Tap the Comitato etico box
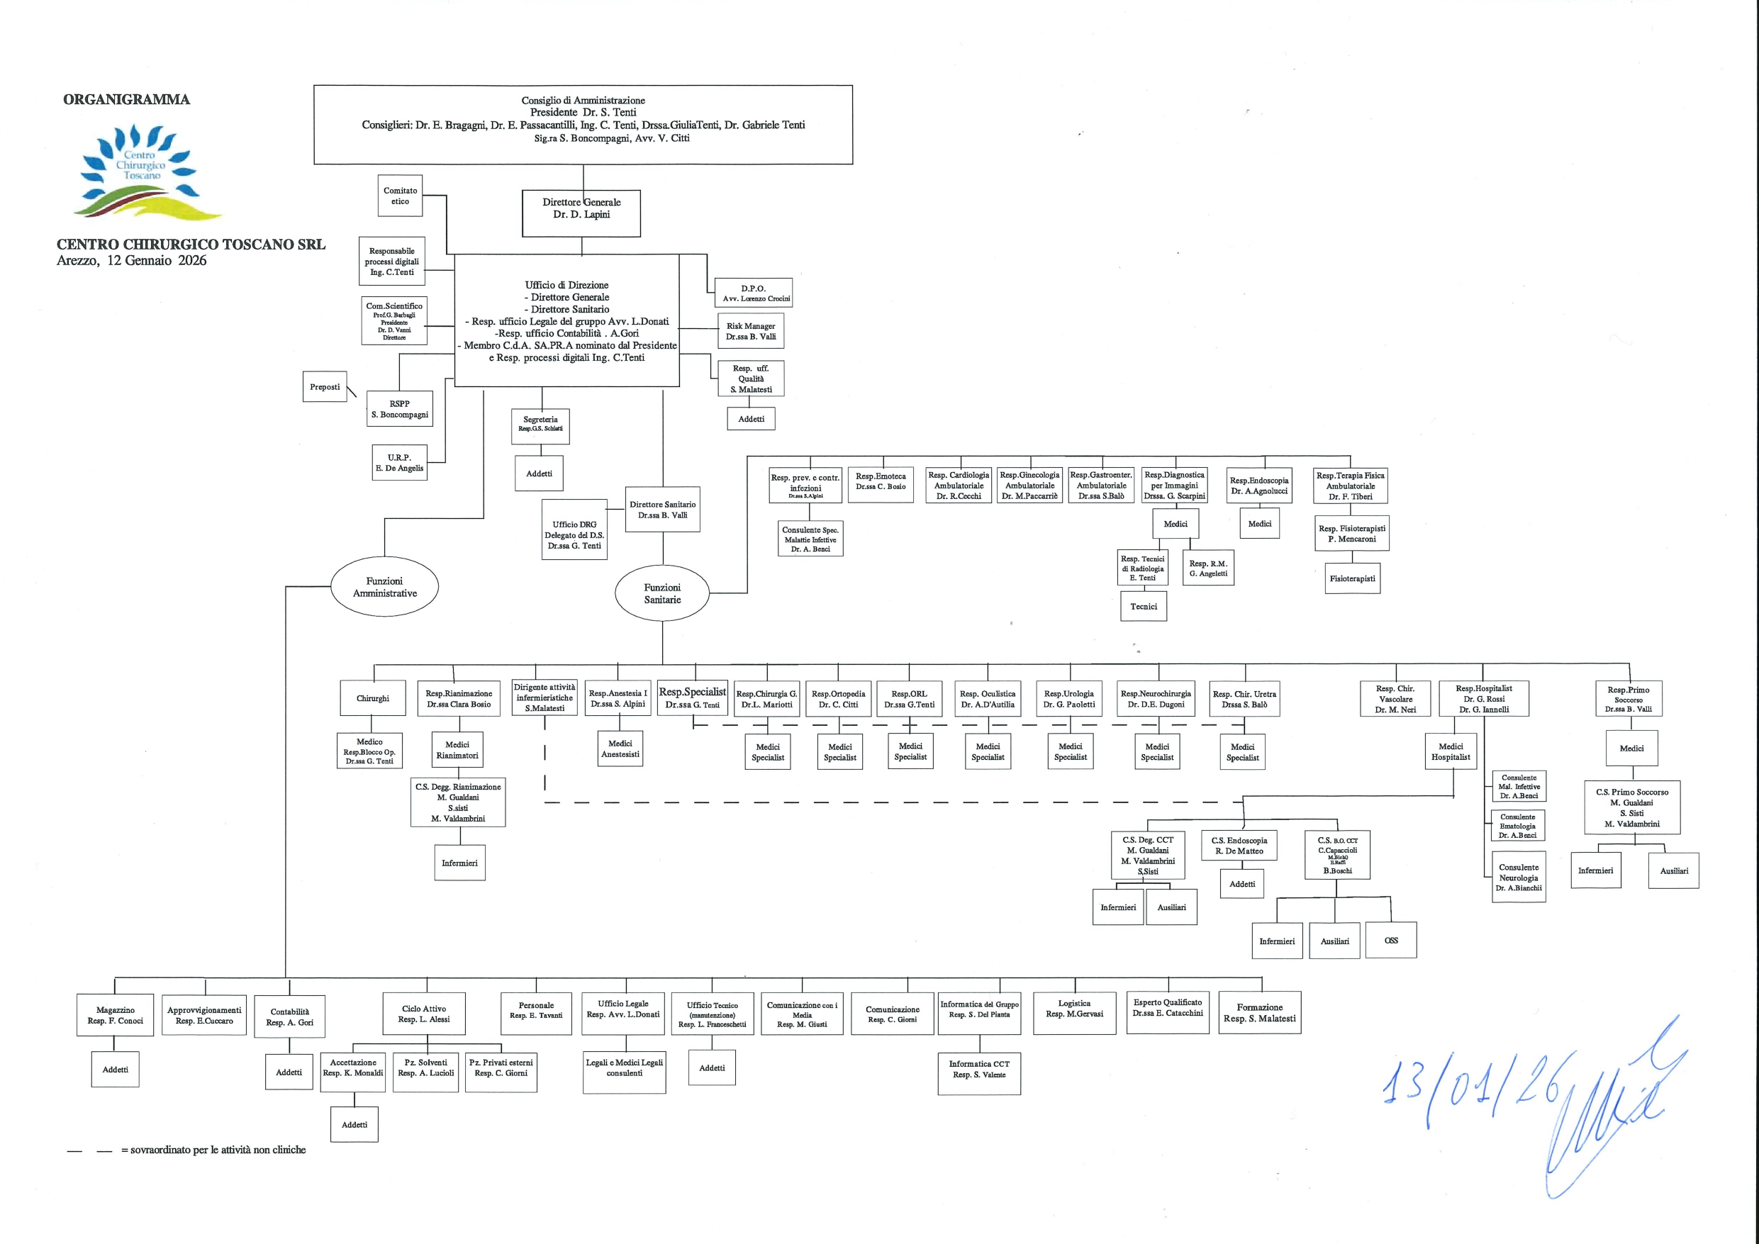click(x=401, y=196)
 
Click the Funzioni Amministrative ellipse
click(x=384, y=587)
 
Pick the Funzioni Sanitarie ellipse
click(x=662, y=594)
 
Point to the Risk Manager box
click(x=751, y=331)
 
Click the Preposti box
click(x=325, y=387)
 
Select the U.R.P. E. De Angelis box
click(x=399, y=463)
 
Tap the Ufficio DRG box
click(x=574, y=530)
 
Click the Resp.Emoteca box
click(x=881, y=481)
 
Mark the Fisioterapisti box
click(x=1352, y=578)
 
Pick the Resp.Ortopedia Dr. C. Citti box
click(x=838, y=699)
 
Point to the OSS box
click(x=1391, y=940)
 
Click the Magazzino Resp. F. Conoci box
click(x=115, y=1015)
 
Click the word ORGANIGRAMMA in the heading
click(x=126, y=99)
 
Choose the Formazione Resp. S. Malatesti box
click(x=1259, y=1013)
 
